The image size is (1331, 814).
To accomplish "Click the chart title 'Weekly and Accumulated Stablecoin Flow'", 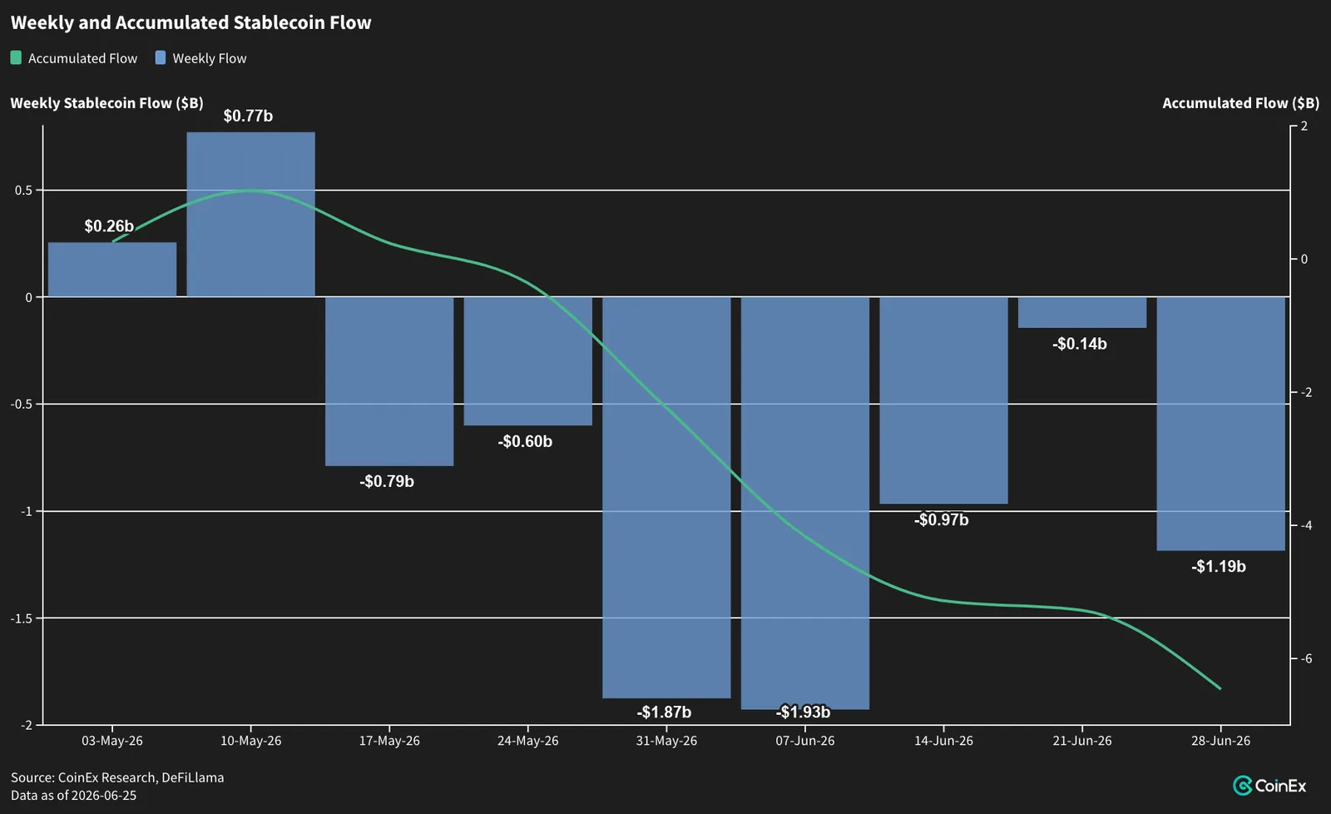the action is [190, 22].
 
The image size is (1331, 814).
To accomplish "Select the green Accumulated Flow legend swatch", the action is [16, 57].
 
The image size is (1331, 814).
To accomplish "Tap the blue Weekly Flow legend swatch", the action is [161, 57].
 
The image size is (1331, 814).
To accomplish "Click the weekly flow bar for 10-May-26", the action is [250, 214].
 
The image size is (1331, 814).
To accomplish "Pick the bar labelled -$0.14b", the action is [1082, 312].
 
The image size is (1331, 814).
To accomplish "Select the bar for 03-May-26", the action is [112, 270].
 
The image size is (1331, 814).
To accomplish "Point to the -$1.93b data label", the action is [803, 712].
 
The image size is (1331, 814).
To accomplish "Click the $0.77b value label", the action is [248, 116].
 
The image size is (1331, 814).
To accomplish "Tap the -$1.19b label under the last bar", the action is [1218, 566].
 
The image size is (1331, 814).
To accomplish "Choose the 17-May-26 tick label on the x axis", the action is [389, 741].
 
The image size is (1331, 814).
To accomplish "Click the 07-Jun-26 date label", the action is [805, 741].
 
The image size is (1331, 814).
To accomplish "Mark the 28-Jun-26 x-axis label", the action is [1220, 741].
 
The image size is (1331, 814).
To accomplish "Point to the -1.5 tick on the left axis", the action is [22, 618].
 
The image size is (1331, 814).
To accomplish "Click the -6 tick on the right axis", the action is [1304, 658].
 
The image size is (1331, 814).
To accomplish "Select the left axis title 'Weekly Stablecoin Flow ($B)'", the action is [107, 103].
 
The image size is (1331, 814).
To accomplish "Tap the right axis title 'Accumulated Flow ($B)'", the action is [1240, 103].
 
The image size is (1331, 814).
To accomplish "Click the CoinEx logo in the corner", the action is [1269, 786].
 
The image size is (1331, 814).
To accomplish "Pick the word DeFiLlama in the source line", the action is [192, 777].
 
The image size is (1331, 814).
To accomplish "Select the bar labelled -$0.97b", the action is [943, 400].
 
